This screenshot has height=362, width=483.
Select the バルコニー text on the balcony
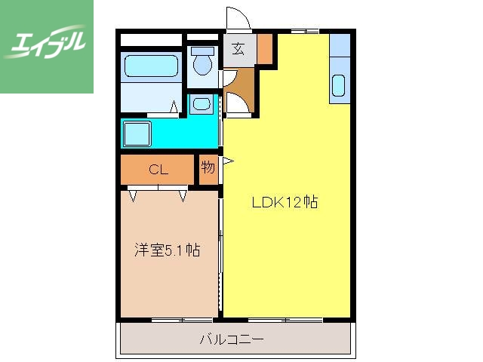point(232,339)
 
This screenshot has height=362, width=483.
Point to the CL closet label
point(158,170)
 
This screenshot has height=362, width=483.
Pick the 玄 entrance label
point(238,50)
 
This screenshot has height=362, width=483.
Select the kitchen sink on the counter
point(338,87)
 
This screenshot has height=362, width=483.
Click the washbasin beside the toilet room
point(201,103)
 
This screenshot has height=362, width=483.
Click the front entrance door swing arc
point(236,18)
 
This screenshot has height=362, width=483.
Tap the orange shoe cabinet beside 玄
point(264,49)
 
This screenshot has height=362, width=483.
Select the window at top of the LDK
point(304,31)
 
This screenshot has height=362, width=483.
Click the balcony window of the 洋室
point(171,321)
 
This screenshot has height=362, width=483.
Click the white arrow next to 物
point(226,160)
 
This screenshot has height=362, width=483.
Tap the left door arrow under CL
point(134,196)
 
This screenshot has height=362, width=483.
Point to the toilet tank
point(202,51)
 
